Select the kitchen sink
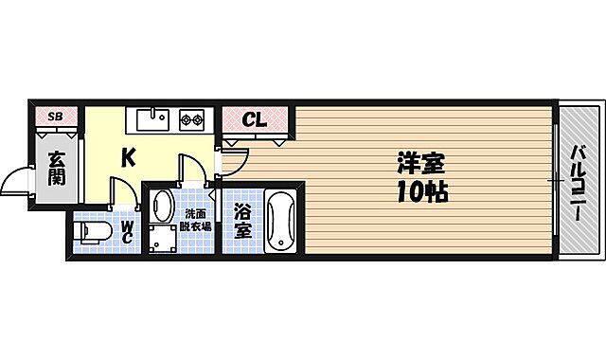coord(152,119)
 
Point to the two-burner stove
coord(192,119)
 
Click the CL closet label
coord(254,120)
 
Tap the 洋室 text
coord(420,164)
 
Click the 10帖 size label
coord(420,193)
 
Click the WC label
coord(128,232)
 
